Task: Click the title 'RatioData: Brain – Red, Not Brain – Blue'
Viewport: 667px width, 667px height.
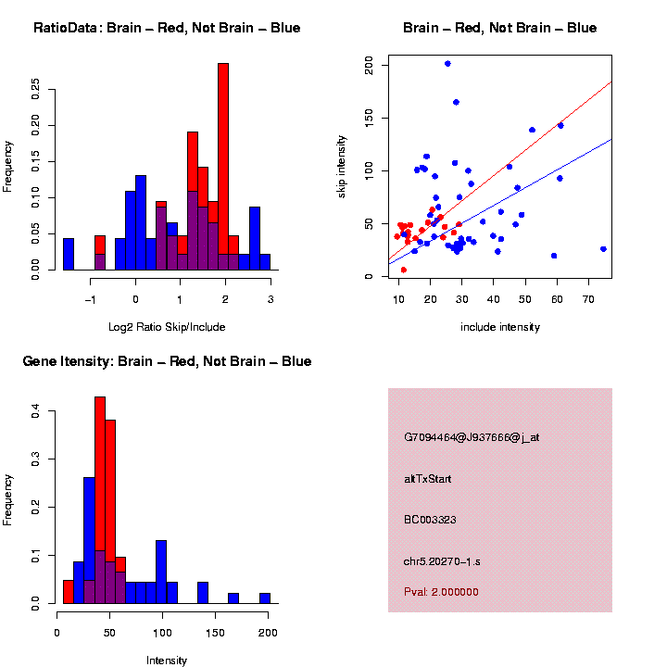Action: pyautogui.click(x=167, y=28)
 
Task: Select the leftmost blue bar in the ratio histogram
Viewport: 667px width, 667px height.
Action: pyautogui.click(x=69, y=254)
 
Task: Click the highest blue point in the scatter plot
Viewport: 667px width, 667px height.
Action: pyautogui.click(x=447, y=64)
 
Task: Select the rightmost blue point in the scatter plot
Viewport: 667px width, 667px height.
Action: pyautogui.click(x=603, y=248)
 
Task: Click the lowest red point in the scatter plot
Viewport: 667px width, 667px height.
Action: pyautogui.click(x=403, y=270)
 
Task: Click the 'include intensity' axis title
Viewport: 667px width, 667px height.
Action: pyautogui.click(x=500, y=327)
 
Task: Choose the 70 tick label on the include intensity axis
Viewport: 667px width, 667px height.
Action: pyautogui.click(x=589, y=300)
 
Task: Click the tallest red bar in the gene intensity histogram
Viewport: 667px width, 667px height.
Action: pyautogui.click(x=100, y=500)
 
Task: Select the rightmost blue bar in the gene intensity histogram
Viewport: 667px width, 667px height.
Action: pyautogui.click(x=265, y=598)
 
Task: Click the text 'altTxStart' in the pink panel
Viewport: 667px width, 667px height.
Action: pyautogui.click(x=428, y=479)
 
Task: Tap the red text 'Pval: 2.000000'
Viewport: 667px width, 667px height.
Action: pyautogui.click(x=441, y=592)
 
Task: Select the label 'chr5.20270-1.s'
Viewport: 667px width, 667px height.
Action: pyautogui.click(x=441, y=561)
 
